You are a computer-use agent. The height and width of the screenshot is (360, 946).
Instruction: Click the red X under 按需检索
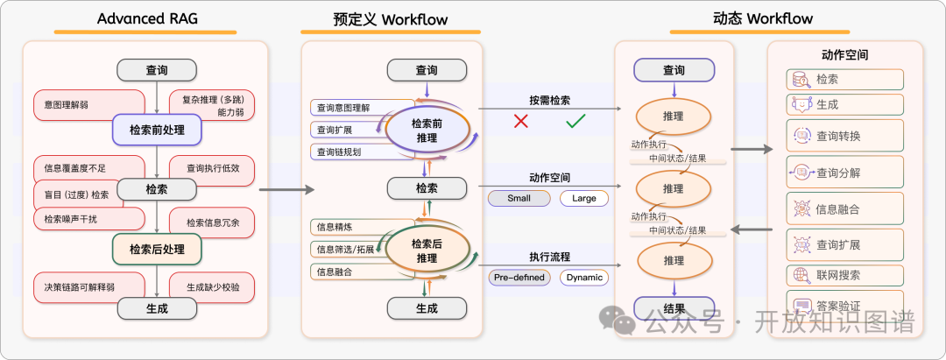click(521, 121)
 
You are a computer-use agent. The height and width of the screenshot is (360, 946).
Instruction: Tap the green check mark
click(575, 121)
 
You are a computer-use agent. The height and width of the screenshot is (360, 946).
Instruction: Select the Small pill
click(519, 198)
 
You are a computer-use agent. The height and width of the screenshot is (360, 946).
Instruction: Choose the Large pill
click(583, 198)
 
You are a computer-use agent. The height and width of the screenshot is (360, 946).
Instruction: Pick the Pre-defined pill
click(519, 278)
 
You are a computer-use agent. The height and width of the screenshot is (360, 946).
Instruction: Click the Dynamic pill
click(584, 278)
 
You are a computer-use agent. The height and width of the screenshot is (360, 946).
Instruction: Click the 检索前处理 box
click(157, 131)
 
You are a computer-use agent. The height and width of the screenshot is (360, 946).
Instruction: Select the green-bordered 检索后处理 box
click(157, 249)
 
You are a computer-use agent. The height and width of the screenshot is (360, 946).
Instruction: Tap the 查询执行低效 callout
click(208, 168)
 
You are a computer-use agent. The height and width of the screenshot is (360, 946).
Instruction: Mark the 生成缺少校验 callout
click(208, 286)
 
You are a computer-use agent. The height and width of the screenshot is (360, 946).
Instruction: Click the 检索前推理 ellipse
click(427, 130)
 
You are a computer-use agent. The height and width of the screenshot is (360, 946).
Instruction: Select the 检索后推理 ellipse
click(427, 251)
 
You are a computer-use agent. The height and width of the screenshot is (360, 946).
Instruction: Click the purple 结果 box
click(674, 308)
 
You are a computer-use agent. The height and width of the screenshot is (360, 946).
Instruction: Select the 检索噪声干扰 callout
click(70, 218)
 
